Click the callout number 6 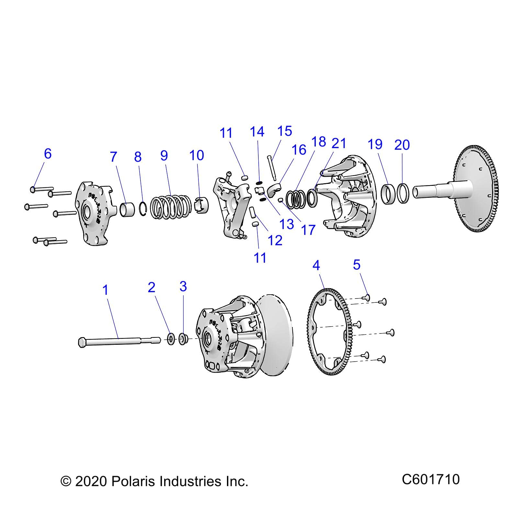(x=48, y=153)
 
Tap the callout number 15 (x=285, y=131)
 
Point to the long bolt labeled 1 (x=120, y=341)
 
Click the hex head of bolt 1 (x=82, y=342)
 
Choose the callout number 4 (x=316, y=265)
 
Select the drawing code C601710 (x=431, y=479)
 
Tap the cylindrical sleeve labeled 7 (x=127, y=209)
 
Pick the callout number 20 (x=402, y=145)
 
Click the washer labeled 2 (x=171, y=339)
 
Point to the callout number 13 (x=287, y=224)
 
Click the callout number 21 (x=339, y=143)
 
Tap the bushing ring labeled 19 (x=388, y=194)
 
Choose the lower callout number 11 (x=260, y=258)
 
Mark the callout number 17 (x=308, y=230)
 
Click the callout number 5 (x=356, y=265)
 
